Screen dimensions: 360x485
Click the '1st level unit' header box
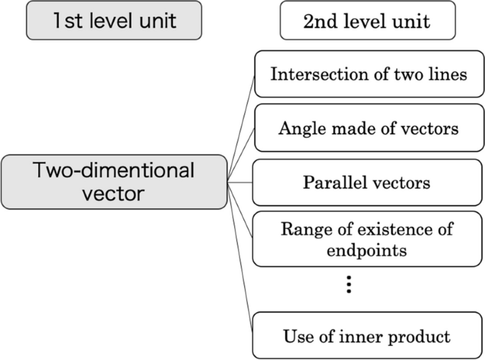tap(115, 21)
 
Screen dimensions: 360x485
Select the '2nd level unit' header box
tap(366, 21)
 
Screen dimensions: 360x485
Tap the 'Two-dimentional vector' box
tap(115, 181)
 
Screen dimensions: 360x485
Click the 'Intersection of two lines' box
tap(368, 74)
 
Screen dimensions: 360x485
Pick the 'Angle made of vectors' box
tap(368, 128)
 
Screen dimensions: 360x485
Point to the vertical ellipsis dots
tap(348, 285)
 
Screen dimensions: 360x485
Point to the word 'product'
tap(421, 335)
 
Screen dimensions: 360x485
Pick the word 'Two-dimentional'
tap(113, 170)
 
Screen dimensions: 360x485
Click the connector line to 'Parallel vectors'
tap(241, 182)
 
